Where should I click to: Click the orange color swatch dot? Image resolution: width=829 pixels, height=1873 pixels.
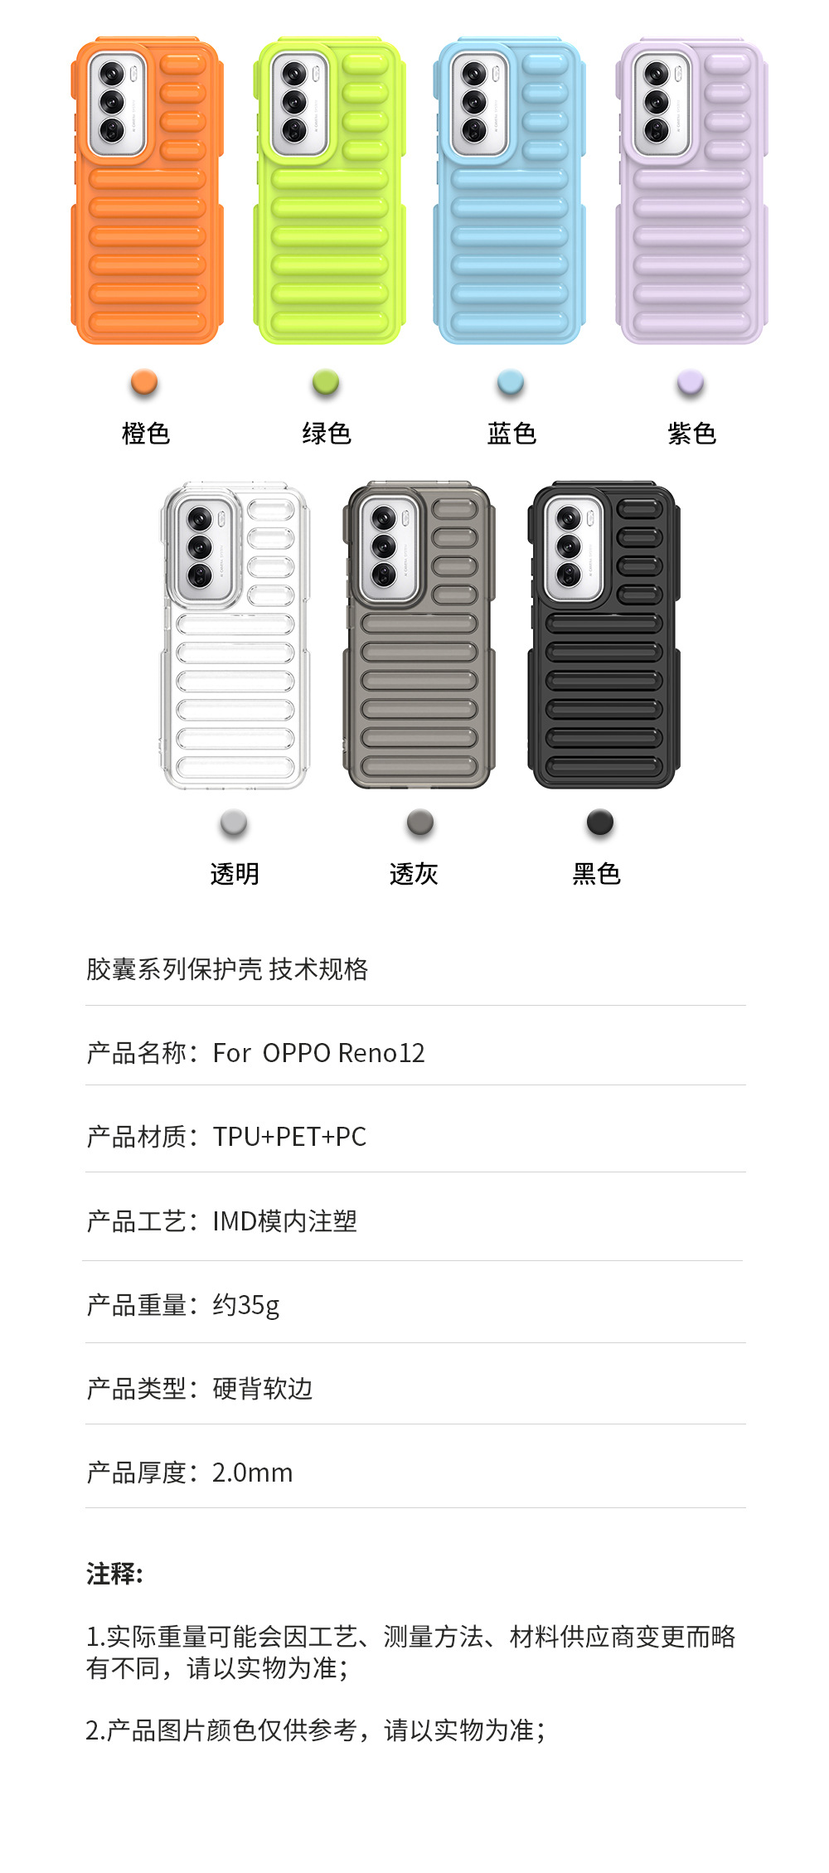(x=144, y=382)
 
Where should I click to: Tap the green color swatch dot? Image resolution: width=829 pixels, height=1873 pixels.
(x=326, y=382)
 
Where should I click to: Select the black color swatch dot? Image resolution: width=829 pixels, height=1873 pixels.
(x=599, y=822)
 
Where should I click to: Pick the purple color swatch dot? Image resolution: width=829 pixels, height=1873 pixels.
(x=691, y=382)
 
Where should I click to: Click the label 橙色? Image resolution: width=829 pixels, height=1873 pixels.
(x=146, y=434)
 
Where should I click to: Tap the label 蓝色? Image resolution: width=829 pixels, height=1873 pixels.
(x=511, y=434)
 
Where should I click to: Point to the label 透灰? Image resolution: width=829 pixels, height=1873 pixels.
(x=414, y=874)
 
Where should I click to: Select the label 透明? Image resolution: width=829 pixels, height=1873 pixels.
(x=235, y=874)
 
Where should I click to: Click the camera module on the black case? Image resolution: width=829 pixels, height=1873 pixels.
(x=571, y=546)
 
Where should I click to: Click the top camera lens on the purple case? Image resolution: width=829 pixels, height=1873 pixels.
(x=657, y=75)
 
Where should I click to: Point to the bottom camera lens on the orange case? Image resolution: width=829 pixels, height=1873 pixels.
(x=112, y=130)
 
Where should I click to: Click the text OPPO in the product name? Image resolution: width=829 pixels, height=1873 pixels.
(x=297, y=1053)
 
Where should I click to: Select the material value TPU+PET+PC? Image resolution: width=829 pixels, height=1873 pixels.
(x=289, y=1137)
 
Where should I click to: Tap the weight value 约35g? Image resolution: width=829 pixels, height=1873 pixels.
(x=246, y=1305)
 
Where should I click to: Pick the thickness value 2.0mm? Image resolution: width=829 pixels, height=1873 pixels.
(x=252, y=1473)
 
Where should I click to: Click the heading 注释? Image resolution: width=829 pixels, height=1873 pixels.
(x=114, y=1574)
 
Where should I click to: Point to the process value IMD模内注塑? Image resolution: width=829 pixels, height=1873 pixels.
(x=284, y=1221)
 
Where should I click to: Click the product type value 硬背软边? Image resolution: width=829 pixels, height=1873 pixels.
(x=262, y=1389)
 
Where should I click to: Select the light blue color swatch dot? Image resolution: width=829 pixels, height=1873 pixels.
(x=511, y=382)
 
